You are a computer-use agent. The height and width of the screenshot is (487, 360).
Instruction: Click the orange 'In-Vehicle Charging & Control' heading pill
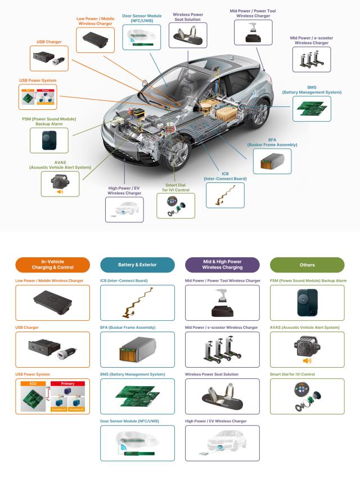(x=53, y=265)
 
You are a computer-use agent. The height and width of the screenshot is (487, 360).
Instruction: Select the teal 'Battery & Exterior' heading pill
(x=137, y=265)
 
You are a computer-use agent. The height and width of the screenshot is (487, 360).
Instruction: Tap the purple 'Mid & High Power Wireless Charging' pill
(x=222, y=265)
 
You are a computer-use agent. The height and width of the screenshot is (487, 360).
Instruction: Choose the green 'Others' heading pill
(x=307, y=265)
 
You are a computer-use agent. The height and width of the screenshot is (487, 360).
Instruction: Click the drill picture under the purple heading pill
(x=222, y=302)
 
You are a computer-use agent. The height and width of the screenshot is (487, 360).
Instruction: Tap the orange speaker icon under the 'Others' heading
(x=307, y=361)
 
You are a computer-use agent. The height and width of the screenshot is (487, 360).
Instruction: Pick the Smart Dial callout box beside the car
(x=175, y=205)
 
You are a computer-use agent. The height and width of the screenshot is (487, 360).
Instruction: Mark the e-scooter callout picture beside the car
(x=311, y=59)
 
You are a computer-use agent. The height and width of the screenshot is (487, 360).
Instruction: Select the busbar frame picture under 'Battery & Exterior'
(x=137, y=349)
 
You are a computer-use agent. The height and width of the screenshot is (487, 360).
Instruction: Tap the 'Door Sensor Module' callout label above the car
(x=142, y=17)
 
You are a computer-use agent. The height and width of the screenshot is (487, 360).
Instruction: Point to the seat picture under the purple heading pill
(x=222, y=396)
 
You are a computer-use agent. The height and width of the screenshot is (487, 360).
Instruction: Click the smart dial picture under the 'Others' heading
(x=307, y=396)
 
